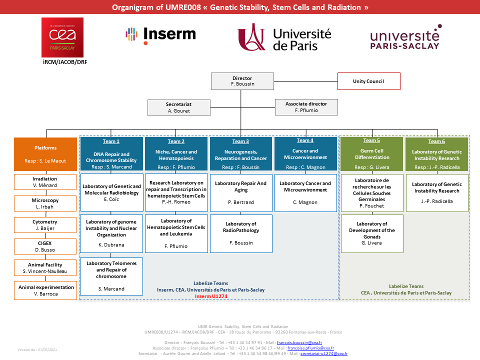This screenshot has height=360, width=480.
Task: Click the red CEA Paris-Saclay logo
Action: pyautogui.click(x=62, y=37)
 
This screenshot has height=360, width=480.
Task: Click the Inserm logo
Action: pyautogui.click(x=160, y=34)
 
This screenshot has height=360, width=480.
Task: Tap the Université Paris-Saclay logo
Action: pyautogui.click(x=404, y=37)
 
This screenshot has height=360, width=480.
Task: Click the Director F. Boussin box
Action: pyautogui.click(x=242, y=81)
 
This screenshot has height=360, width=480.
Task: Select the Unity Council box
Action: pyautogui.click(x=368, y=81)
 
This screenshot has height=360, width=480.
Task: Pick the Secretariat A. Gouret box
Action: pyautogui.click(x=178, y=107)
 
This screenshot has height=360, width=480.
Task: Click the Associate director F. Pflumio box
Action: pyautogui.click(x=306, y=107)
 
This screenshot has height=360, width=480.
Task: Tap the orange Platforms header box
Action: pyautogui.click(x=45, y=154)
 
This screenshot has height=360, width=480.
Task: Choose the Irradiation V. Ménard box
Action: pyautogui.click(x=45, y=182)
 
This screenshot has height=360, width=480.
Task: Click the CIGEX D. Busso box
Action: pyautogui.click(x=45, y=245)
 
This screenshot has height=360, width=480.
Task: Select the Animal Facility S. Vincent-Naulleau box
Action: pyautogui.click(x=45, y=268)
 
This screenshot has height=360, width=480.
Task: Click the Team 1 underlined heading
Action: pyautogui.click(x=111, y=141)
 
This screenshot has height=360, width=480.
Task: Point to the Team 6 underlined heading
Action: pyautogui.click(x=436, y=141)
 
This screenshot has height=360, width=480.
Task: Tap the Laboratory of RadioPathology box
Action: pyautogui.click(x=241, y=233)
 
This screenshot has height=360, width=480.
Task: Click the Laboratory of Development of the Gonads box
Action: pyautogui.click(x=371, y=233)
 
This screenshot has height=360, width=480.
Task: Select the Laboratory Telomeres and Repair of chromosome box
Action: pyautogui.click(x=111, y=276)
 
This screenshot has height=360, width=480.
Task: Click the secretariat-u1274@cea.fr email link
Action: pyautogui.click(x=323, y=353)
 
